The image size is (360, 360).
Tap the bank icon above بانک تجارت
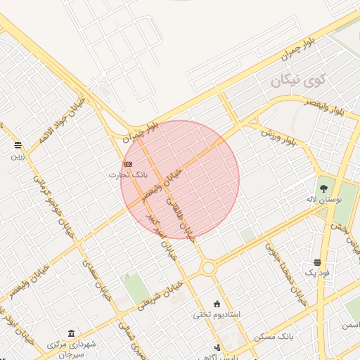coord(127,163)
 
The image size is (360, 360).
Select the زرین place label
coord(17,156)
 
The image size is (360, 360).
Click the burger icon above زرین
coord(17,146)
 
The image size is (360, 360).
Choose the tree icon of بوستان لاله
coord(323,188)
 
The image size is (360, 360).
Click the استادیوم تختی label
coord(217,314)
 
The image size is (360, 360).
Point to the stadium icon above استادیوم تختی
coord(217,304)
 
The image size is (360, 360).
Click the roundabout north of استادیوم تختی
coord(207,268)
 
